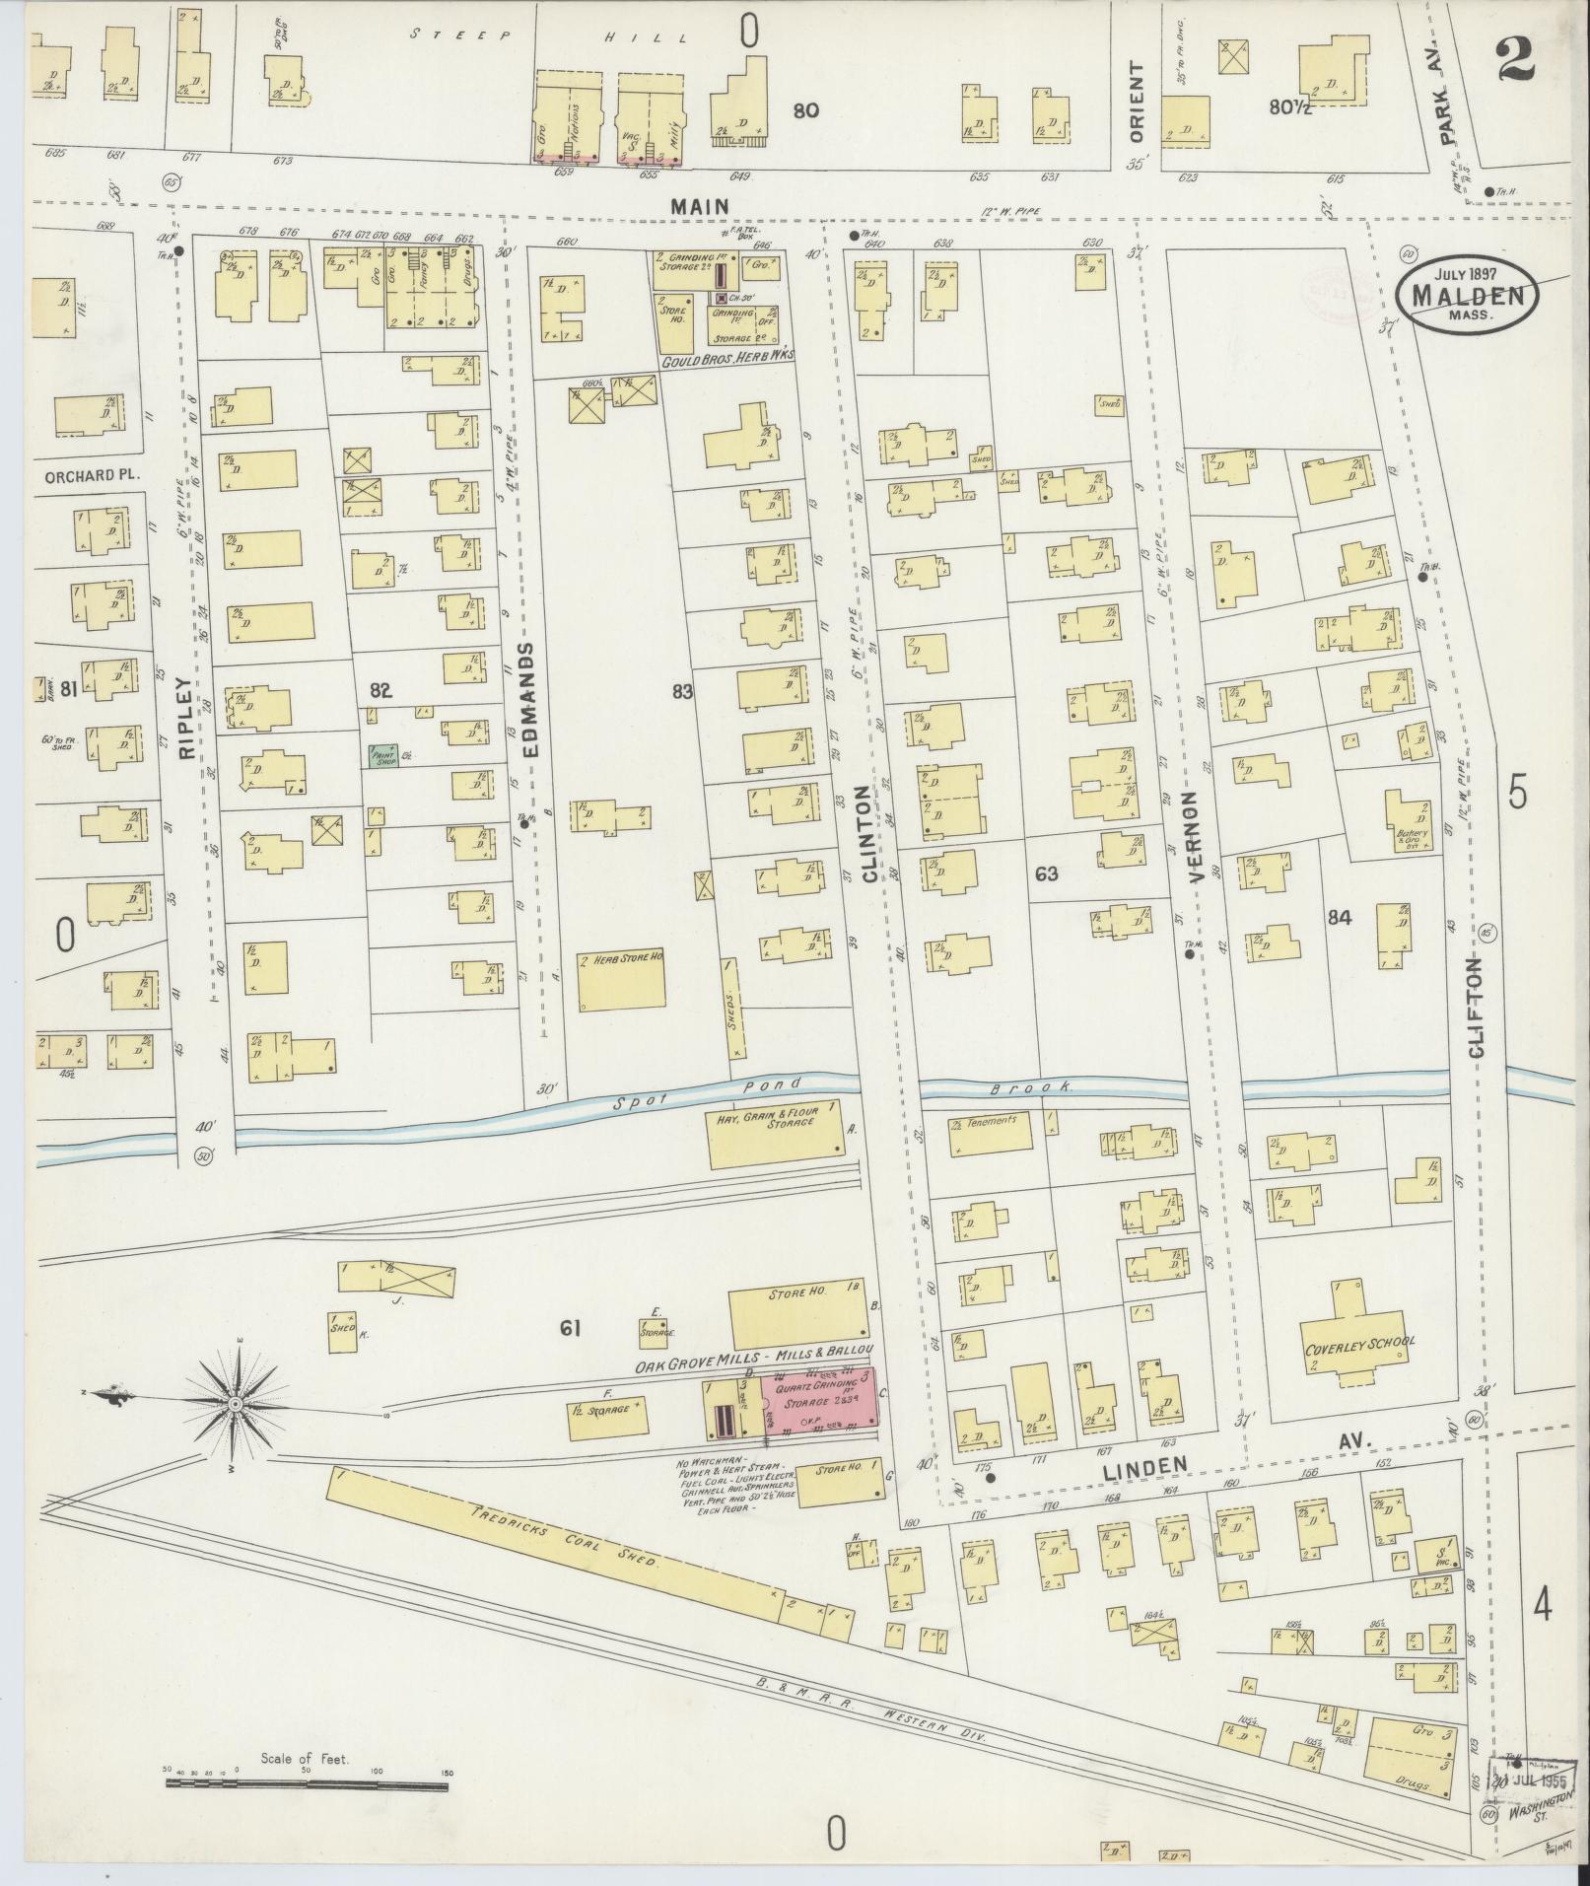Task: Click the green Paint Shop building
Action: (384, 756)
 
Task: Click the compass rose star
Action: (237, 1402)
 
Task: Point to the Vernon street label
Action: (1194, 836)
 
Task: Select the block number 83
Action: (682, 692)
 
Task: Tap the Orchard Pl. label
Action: (92, 473)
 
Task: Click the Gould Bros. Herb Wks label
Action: (727, 354)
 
